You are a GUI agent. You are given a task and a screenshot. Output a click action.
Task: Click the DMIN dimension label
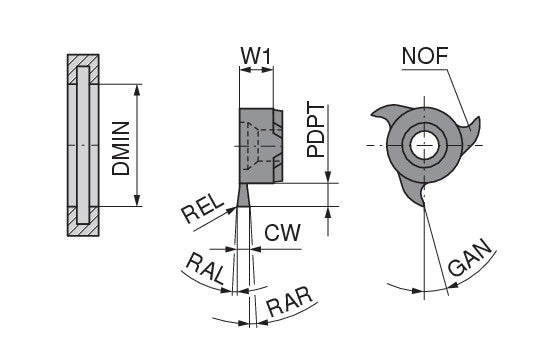[121, 148]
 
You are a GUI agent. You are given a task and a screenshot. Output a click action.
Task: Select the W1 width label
[256, 56]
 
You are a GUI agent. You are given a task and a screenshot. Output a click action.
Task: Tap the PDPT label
[316, 130]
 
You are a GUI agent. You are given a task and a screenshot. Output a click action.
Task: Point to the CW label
[282, 232]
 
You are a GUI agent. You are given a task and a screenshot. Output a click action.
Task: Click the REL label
[203, 209]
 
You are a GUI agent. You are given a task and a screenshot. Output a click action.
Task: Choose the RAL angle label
[205, 269]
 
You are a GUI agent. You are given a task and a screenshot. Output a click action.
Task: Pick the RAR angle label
[289, 302]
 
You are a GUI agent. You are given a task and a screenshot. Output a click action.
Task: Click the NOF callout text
[425, 56]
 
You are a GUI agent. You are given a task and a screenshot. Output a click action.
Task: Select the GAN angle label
[470, 258]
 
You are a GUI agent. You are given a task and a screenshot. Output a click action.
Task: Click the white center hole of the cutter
[425, 145]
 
